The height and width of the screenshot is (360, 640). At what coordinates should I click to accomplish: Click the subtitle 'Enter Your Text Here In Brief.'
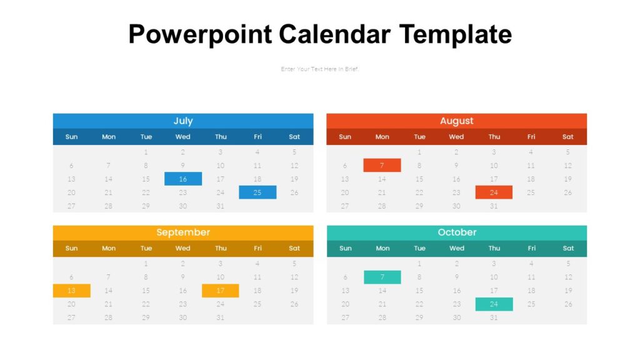coord(320,69)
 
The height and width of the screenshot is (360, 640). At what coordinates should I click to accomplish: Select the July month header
coord(183,121)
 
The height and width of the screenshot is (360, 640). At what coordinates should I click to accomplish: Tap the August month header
coord(456,121)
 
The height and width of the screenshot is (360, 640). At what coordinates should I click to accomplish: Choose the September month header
coord(183,232)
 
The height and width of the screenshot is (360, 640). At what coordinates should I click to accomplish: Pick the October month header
coord(456,232)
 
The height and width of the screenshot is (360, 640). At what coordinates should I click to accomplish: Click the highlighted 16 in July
coord(183,179)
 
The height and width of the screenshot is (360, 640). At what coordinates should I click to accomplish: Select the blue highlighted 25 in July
coord(257,192)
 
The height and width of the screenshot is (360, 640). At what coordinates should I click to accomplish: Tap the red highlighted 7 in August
coord(382,166)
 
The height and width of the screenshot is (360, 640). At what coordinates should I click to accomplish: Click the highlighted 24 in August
coord(494,192)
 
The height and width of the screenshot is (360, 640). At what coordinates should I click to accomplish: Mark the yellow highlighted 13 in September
coord(72,291)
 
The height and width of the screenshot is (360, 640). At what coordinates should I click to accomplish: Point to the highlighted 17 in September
coord(220,291)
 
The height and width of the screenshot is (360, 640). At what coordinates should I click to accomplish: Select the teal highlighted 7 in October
coord(382,277)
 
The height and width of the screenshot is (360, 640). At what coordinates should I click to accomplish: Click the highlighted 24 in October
coord(494,304)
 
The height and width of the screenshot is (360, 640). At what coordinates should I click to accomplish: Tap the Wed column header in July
coord(183,137)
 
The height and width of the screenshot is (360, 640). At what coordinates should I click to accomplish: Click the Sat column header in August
coord(567,137)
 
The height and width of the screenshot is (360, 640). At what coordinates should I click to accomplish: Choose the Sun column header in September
coord(72,248)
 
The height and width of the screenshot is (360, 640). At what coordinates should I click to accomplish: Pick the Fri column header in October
coord(531,248)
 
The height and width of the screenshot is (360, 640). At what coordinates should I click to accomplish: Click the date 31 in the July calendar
coord(220,206)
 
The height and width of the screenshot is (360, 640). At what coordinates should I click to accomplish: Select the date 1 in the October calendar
coord(419,264)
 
